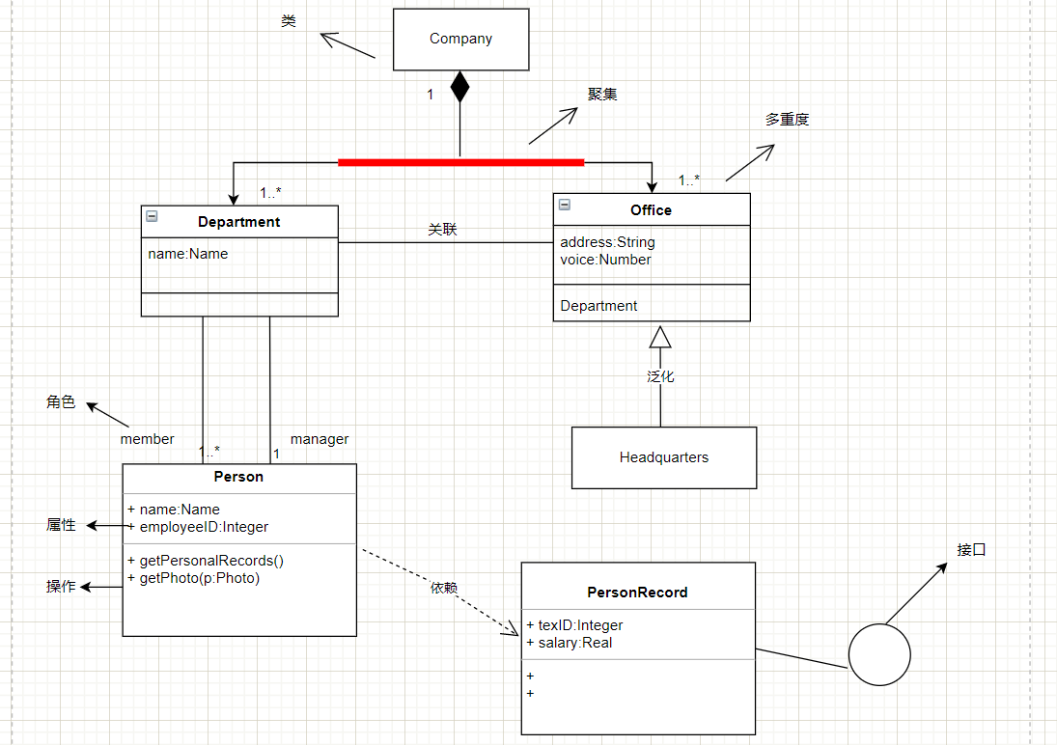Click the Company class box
coord(461,40)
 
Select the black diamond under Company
coord(459,86)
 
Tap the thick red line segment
coord(461,162)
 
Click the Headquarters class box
coord(664,457)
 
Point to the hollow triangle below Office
coord(660,337)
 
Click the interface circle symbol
coord(879,654)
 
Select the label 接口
coord(971,550)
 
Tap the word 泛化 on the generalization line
coord(660,377)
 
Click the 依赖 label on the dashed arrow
coord(444,588)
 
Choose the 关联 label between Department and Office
coord(443,230)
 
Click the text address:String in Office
coord(607,242)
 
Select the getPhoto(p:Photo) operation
coord(200,578)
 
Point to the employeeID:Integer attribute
coord(205,527)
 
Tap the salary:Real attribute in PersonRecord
coord(575,643)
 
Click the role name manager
coord(320,440)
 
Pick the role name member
coord(147,439)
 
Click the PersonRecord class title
coord(638,593)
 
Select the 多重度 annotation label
coord(787,120)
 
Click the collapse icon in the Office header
coord(565,205)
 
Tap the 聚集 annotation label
coord(602,95)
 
